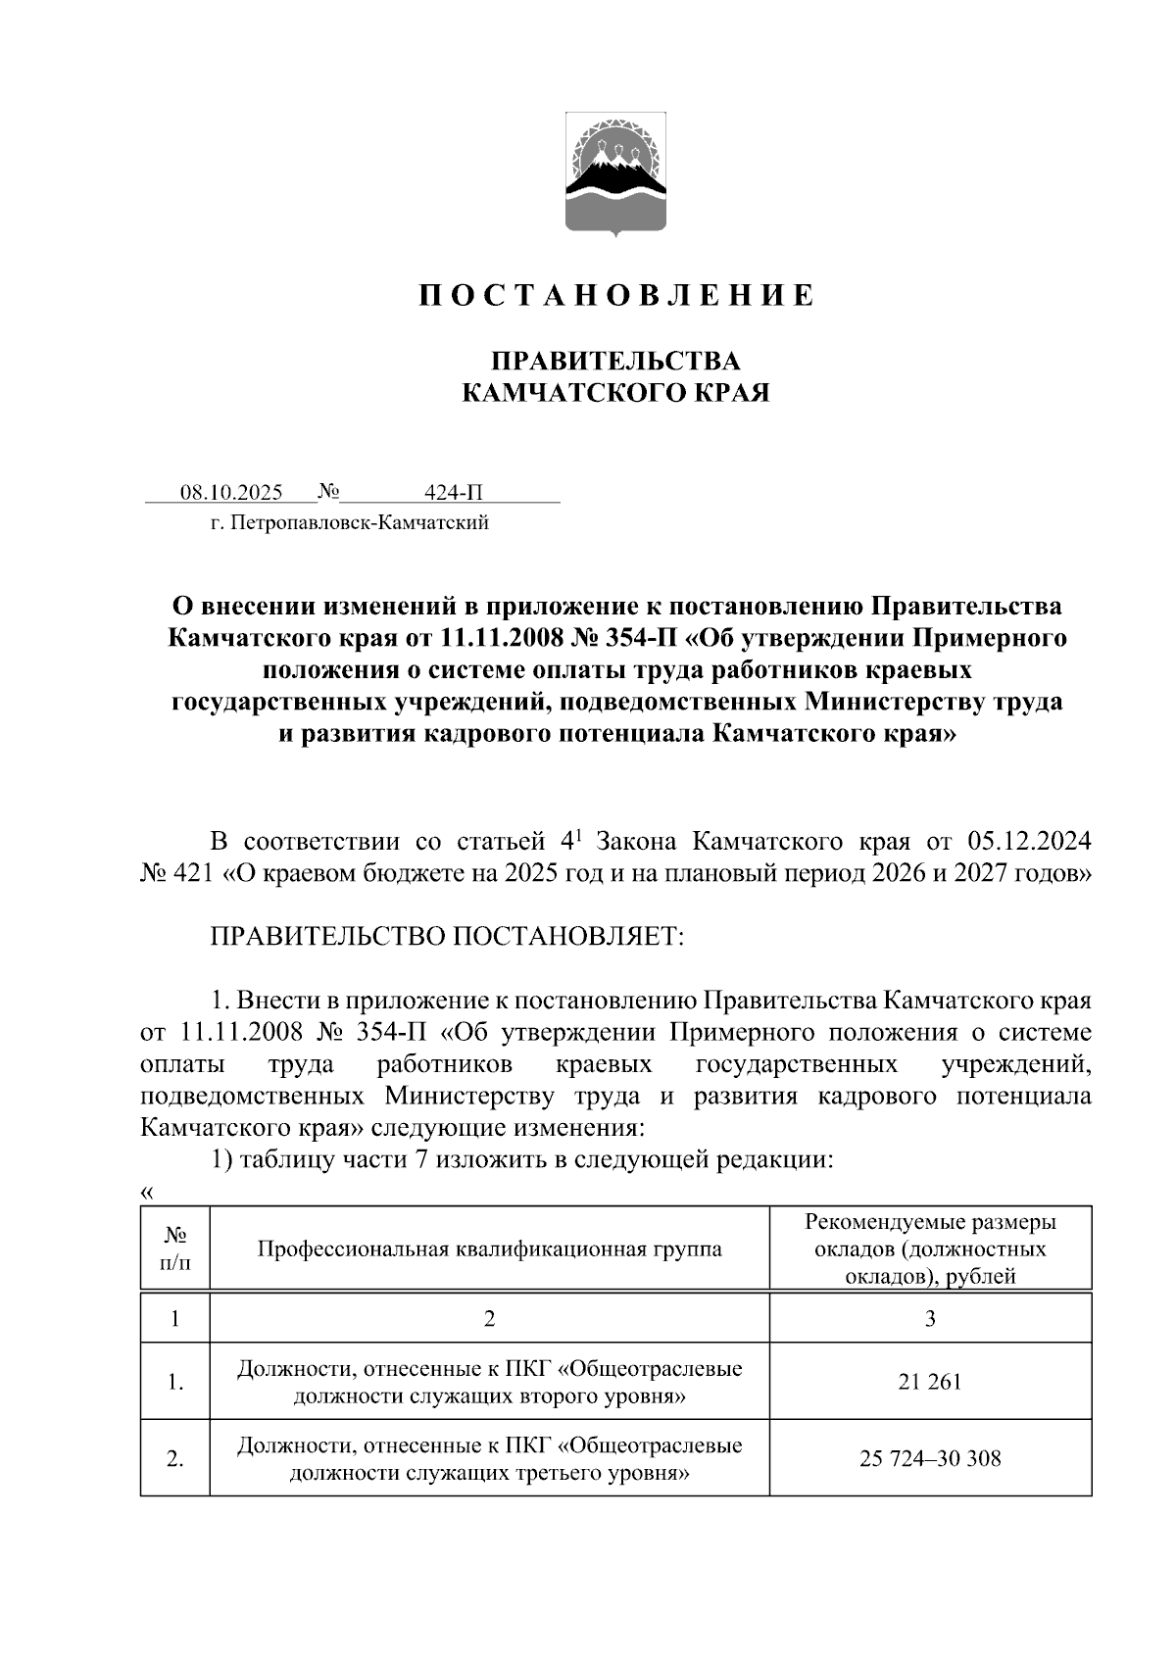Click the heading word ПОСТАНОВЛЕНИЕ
[616, 295]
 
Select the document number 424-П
[454, 492]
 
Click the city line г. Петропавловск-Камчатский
[349, 523]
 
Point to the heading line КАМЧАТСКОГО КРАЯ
[615, 394]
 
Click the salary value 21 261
[929, 1382]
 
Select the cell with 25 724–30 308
[929, 1458]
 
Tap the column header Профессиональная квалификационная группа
[489, 1248]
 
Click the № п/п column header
[174, 1248]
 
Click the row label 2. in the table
[174, 1458]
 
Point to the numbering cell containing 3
[929, 1318]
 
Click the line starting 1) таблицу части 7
[521, 1160]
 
